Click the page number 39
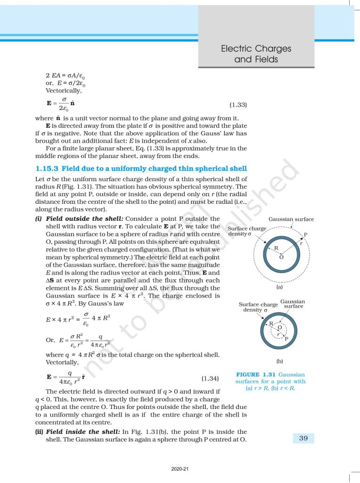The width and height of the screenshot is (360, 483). coord(303,438)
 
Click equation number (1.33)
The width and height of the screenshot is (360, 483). coord(238,105)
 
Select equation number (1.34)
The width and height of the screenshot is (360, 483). coord(210,378)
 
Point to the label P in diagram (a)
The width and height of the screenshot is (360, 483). coord(305,235)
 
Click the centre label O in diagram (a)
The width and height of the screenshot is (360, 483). coord(281,257)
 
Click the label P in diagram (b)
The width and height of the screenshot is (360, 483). coord(286,338)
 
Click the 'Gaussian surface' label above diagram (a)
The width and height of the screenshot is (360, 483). coord(291,219)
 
